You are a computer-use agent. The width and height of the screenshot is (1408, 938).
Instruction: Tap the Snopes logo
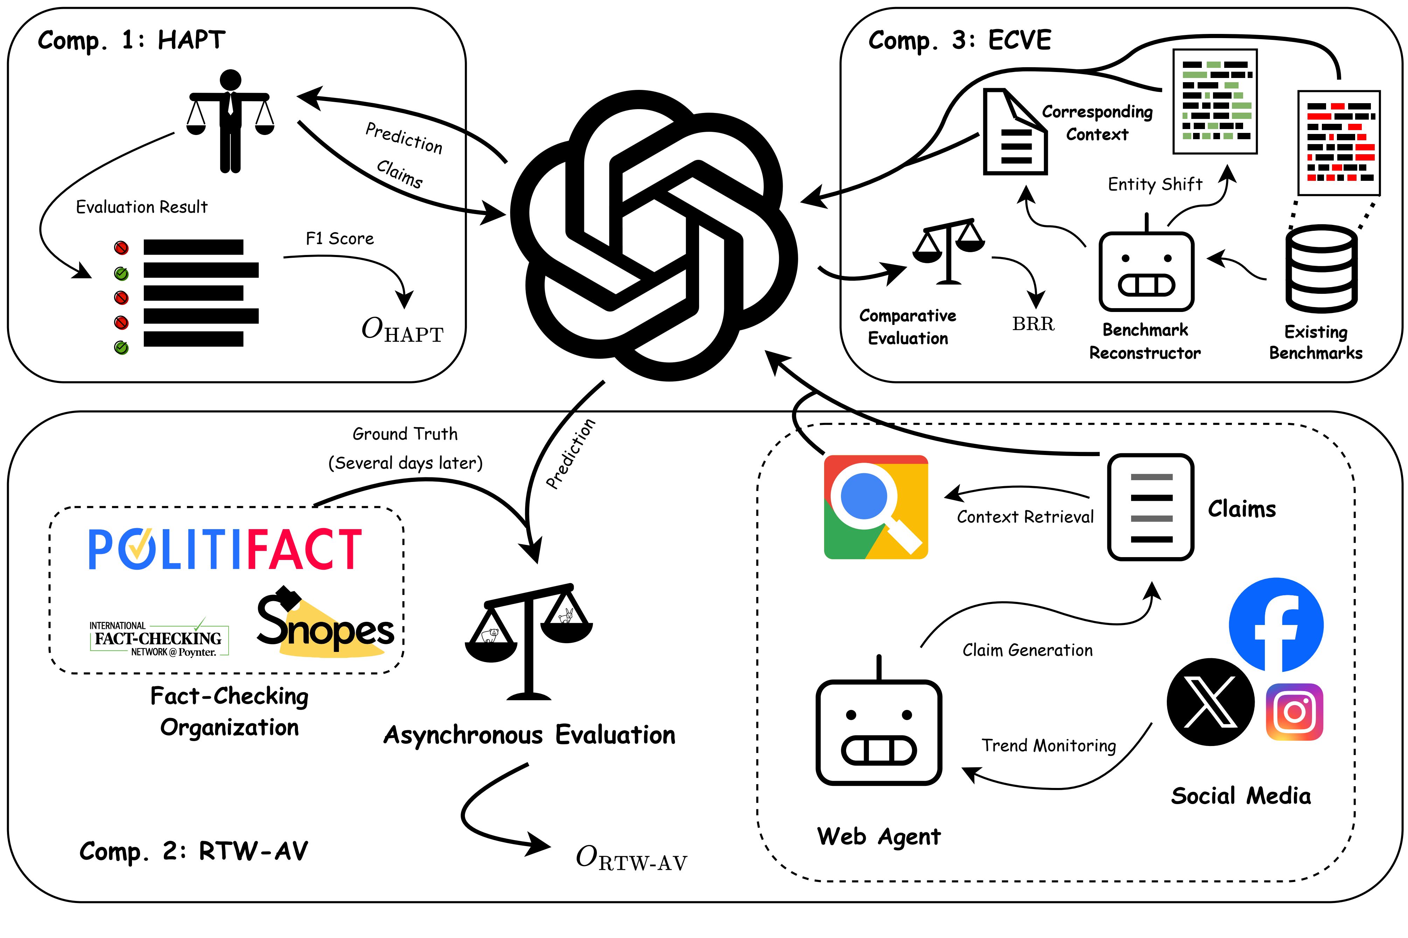(326, 622)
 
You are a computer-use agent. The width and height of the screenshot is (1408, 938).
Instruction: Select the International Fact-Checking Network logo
(159, 638)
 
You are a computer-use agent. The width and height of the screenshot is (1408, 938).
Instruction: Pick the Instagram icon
(1294, 712)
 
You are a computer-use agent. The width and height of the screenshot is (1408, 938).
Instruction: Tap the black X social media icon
(1211, 702)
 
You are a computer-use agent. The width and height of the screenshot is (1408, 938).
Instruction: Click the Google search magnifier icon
(876, 507)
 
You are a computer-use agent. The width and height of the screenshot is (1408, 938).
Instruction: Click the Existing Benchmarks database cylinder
(1321, 269)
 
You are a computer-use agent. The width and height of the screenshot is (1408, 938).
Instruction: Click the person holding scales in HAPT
(230, 121)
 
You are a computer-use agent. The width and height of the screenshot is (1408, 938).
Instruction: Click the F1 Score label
(340, 239)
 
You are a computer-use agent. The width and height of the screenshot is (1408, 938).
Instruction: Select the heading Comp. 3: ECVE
(960, 41)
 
